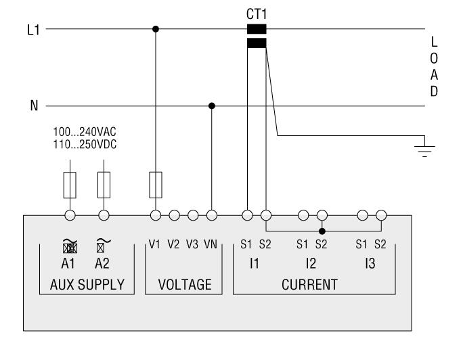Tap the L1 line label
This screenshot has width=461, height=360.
31,30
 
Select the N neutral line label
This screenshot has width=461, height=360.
32,106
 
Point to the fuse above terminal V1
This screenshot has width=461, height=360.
156,182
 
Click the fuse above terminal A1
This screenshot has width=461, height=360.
68,182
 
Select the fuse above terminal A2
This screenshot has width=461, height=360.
104,182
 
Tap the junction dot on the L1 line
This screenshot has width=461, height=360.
156,29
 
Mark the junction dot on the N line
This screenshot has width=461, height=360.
212,106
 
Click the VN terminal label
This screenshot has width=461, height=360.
210,244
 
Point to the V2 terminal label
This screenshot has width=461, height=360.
174,244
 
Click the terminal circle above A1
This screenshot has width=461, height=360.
68,215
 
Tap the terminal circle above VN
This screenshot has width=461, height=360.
212,215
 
